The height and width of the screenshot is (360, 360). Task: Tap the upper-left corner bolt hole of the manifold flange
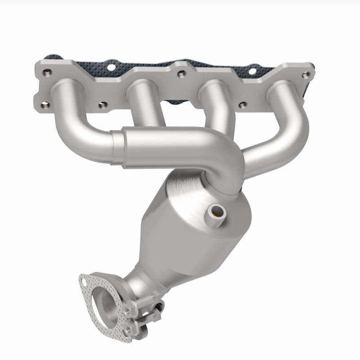pos(46,72)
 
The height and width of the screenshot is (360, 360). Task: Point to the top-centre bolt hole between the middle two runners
pos(180,72)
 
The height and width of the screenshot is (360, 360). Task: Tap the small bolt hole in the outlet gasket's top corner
pos(84,282)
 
